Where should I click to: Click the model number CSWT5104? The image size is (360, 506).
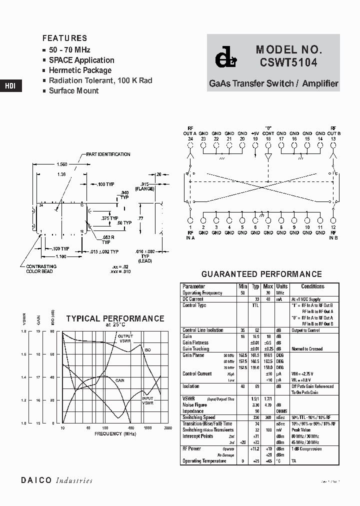point(288,63)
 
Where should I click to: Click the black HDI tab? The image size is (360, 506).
point(10,85)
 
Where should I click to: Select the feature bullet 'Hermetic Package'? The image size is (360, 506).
point(80,70)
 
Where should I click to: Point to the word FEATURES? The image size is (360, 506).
point(64,38)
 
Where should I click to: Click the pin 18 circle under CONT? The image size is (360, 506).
point(268,145)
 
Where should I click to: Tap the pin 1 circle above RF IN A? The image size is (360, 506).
point(190,220)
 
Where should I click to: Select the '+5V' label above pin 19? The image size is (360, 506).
point(255,133)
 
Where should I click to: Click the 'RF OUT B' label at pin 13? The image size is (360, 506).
point(333,131)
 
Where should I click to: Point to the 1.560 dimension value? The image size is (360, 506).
point(62,164)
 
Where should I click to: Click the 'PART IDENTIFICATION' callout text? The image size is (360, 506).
point(108,154)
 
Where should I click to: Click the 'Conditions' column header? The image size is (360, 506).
point(313,286)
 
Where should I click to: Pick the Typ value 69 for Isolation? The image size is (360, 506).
point(255,386)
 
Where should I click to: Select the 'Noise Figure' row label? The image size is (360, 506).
point(195,405)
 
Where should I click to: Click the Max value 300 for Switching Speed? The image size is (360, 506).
point(268,417)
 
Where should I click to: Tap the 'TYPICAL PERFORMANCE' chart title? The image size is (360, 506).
point(115,318)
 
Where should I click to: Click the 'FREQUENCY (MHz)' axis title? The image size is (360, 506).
point(115,434)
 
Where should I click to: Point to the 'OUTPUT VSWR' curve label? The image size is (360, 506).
point(125,338)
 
